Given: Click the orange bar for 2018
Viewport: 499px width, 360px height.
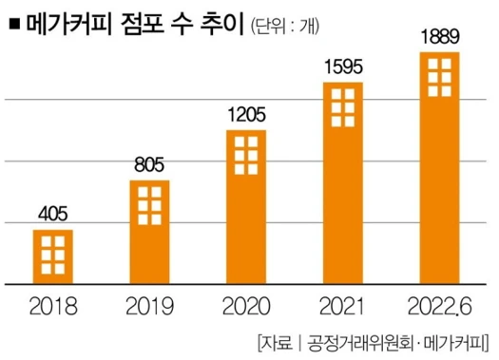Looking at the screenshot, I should [53, 256].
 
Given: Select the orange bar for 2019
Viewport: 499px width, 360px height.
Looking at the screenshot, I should [149, 232].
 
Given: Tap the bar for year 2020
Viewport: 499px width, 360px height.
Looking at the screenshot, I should [246, 206].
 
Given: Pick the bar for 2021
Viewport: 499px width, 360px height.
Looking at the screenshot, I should [343, 182].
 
